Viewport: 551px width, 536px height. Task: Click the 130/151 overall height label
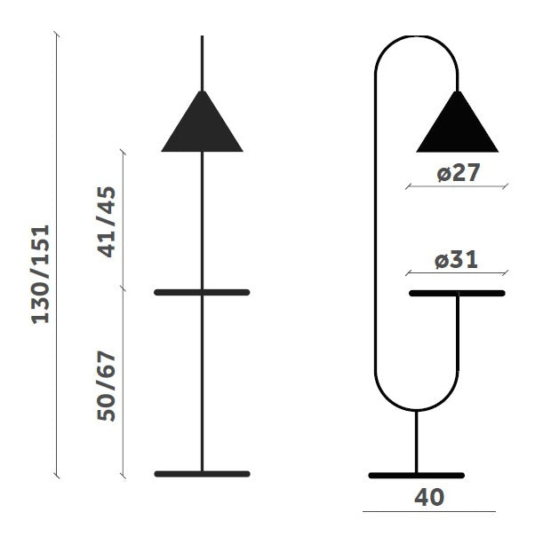click(40, 275)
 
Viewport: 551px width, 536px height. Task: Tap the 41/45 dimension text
click(106, 222)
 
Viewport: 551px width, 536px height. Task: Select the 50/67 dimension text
click(106, 385)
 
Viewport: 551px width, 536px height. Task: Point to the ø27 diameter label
click(459, 172)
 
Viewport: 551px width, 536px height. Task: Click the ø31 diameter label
click(456, 260)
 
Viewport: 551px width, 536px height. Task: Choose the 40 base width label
click(429, 497)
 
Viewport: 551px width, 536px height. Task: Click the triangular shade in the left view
click(202, 122)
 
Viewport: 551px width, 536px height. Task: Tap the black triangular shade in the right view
click(457, 122)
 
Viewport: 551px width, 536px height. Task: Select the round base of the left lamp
click(202, 474)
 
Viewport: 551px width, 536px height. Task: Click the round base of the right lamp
click(417, 476)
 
